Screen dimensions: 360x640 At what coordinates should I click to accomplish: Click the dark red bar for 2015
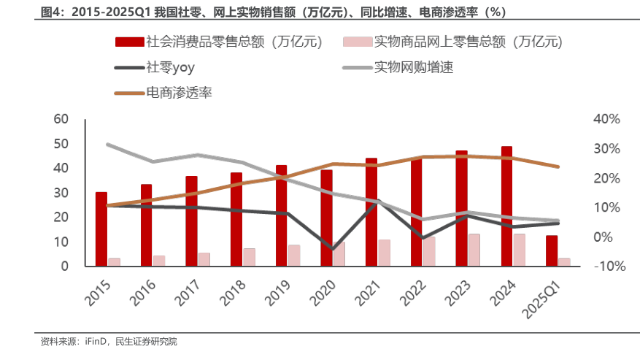point(101,229)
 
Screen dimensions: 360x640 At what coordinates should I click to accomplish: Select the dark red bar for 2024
point(507,206)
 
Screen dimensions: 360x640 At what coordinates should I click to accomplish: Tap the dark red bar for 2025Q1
point(552,250)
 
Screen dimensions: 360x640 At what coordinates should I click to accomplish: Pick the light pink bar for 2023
point(474,250)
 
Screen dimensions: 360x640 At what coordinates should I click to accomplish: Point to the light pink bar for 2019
point(293,255)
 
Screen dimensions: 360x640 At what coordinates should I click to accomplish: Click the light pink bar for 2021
point(384,253)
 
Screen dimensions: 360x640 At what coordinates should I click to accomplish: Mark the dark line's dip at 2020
point(333,249)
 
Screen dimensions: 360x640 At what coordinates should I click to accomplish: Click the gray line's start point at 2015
point(107,145)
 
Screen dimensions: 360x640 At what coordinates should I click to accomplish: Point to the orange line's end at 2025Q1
point(558,166)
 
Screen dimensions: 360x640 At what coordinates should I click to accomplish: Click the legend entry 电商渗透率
point(179,93)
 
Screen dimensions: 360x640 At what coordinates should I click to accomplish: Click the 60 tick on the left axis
point(61,119)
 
